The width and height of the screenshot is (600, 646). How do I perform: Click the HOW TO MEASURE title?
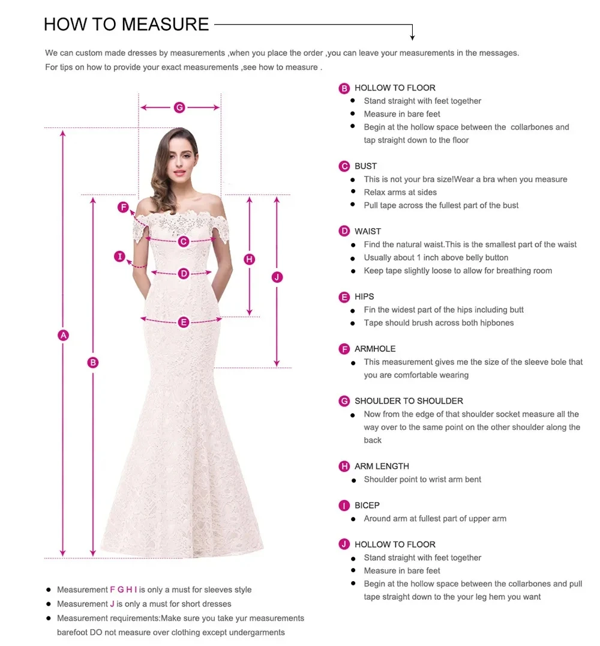[x=126, y=24]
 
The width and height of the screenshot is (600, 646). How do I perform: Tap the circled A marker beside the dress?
[x=63, y=335]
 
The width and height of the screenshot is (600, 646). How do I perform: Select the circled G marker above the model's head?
[x=179, y=107]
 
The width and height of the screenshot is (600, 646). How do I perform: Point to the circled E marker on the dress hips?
[x=184, y=322]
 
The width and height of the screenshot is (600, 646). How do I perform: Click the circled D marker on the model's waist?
[x=184, y=274]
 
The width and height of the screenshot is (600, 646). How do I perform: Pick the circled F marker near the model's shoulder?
[x=124, y=208]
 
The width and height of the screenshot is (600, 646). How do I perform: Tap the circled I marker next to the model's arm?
[x=120, y=257]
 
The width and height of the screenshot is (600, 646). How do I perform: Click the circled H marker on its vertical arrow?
[x=250, y=259]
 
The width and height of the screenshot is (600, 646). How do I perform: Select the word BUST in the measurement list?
[x=365, y=166]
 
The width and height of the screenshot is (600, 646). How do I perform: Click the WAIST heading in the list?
[x=367, y=231]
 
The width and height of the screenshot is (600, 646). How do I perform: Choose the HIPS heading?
[x=364, y=297]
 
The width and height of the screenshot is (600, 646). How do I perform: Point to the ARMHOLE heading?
[x=375, y=349]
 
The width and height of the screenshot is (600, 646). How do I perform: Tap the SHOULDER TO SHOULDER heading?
[x=409, y=401]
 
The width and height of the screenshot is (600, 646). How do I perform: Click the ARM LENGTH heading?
[x=382, y=466]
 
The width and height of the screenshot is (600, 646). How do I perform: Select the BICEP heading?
[x=367, y=506]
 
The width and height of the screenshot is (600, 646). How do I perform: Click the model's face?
[x=178, y=160]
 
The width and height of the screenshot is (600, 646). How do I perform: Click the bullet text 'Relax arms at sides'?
[x=400, y=192]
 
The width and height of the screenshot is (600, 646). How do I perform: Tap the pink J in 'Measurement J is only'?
[x=112, y=604]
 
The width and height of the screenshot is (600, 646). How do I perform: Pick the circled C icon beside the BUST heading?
[x=344, y=166]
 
